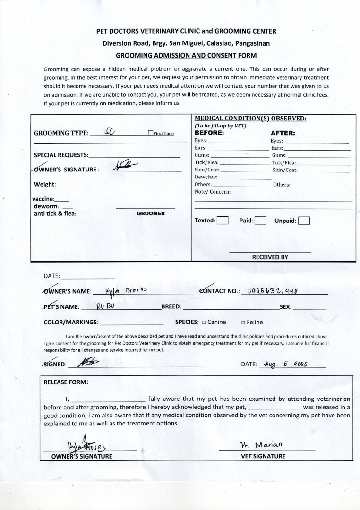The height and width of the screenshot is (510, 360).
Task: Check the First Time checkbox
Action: click(x=150, y=133)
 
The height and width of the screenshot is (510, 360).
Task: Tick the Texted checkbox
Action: click(x=223, y=221)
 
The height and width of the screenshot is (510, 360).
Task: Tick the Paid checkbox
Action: click(x=261, y=221)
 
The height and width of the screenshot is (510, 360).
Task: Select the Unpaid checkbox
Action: click(x=304, y=221)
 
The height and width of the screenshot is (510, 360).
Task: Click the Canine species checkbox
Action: click(x=204, y=323)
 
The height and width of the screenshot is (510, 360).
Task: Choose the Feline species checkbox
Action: click(x=243, y=323)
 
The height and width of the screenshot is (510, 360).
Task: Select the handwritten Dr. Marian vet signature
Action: click(x=261, y=444)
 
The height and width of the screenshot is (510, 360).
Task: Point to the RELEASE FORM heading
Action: click(x=66, y=382)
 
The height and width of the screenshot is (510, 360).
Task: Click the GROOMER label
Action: click(x=151, y=213)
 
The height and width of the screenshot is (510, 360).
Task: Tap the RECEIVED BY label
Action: click(x=270, y=257)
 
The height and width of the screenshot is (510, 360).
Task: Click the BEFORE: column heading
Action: click(x=209, y=133)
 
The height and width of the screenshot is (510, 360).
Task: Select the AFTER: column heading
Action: click(x=283, y=133)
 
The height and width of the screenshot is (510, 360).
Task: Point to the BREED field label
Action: click(x=171, y=307)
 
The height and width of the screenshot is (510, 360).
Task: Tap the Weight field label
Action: click(x=45, y=184)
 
